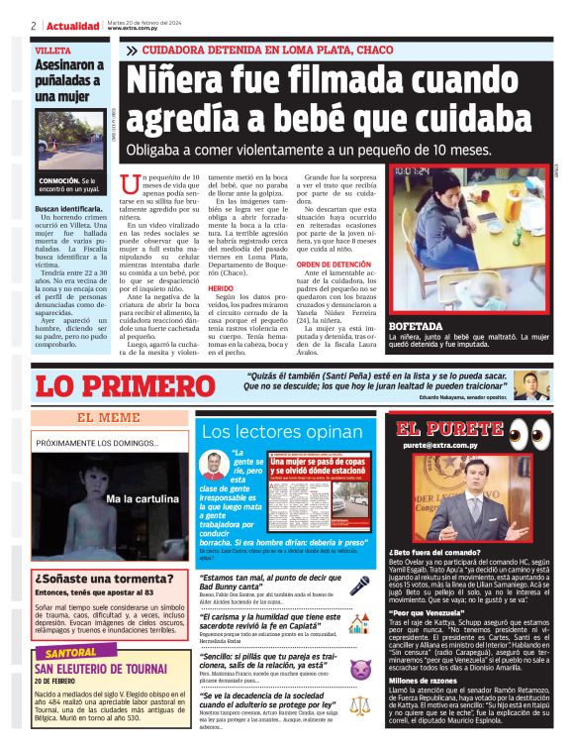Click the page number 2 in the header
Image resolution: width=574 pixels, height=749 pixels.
tap(34, 26)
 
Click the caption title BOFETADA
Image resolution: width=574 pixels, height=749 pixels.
tap(416, 326)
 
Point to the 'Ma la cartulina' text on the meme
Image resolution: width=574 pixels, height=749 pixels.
tap(141, 498)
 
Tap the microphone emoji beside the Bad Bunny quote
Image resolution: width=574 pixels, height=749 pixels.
tap(359, 586)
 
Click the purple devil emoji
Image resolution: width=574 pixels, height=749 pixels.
tap(359, 671)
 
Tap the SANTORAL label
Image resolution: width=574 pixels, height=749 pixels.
tap(72, 654)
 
